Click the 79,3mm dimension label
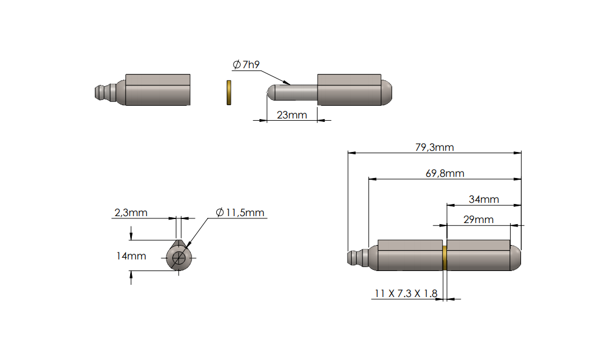434,147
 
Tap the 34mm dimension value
483,199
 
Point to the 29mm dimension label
478,220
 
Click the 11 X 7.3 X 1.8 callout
406,294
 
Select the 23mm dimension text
291,115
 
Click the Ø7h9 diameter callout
246,65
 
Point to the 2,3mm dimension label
131,213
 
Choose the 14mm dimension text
131,255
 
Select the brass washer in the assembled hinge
444,258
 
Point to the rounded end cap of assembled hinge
515,258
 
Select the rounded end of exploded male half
387,92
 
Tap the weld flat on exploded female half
158,79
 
